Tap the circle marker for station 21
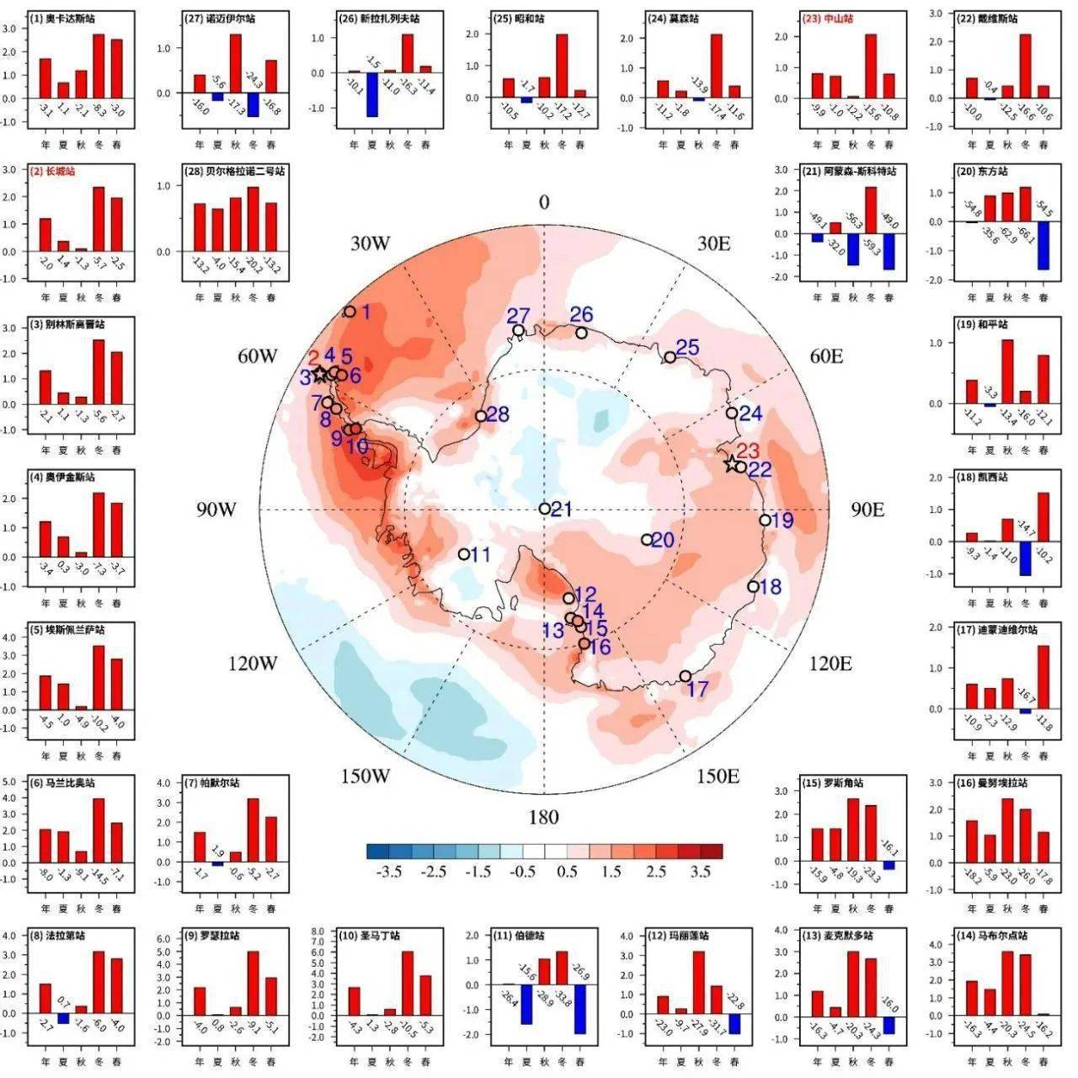(545, 508)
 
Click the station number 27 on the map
(519, 315)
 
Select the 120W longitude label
(252, 664)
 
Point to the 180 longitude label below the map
(544, 817)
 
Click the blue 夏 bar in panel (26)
(371, 94)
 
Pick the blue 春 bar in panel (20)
(1043, 245)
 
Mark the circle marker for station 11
(463, 554)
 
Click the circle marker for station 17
(685, 676)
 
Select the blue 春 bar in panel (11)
(580, 1009)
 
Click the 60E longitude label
(826, 356)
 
